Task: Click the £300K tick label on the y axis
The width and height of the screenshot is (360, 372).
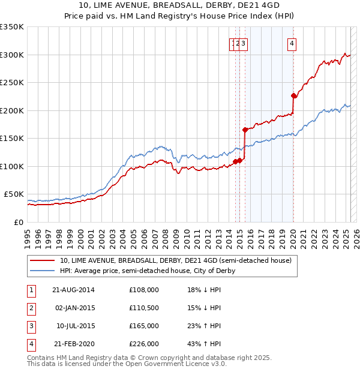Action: tap(11, 55)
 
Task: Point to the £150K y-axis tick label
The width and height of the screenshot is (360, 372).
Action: tap(11, 138)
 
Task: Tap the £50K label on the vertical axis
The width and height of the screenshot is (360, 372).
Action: tap(14, 194)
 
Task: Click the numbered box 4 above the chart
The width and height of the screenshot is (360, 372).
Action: tap(292, 43)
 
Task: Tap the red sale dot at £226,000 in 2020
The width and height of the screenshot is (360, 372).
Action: tap(293, 95)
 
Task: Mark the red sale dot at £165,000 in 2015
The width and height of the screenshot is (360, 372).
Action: tap(245, 130)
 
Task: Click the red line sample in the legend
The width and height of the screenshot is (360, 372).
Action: tap(42, 261)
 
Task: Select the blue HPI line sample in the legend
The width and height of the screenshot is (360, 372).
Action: tap(42, 271)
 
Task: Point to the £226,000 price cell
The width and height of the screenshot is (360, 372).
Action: tap(143, 344)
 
